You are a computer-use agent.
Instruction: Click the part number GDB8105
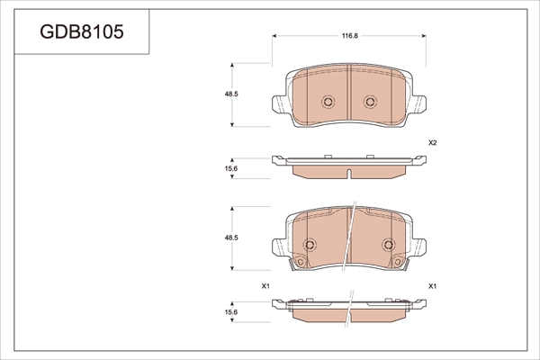(x=82, y=32)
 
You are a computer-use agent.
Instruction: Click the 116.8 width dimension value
(x=350, y=36)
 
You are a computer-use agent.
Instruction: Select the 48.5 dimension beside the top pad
(x=231, y=94)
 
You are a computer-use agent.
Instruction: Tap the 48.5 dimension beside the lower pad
(x=231, y=238)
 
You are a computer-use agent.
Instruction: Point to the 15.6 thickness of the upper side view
(x=231, y=169)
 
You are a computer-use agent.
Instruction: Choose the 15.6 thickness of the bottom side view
(x=231, y=312)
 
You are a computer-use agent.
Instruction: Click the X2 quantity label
(x=433, y=142)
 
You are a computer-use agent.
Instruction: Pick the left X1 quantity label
(x=265, y=286)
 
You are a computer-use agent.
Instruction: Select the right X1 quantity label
(x=433, y=286)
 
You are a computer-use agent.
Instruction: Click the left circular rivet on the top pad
(x=328, y=102)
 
